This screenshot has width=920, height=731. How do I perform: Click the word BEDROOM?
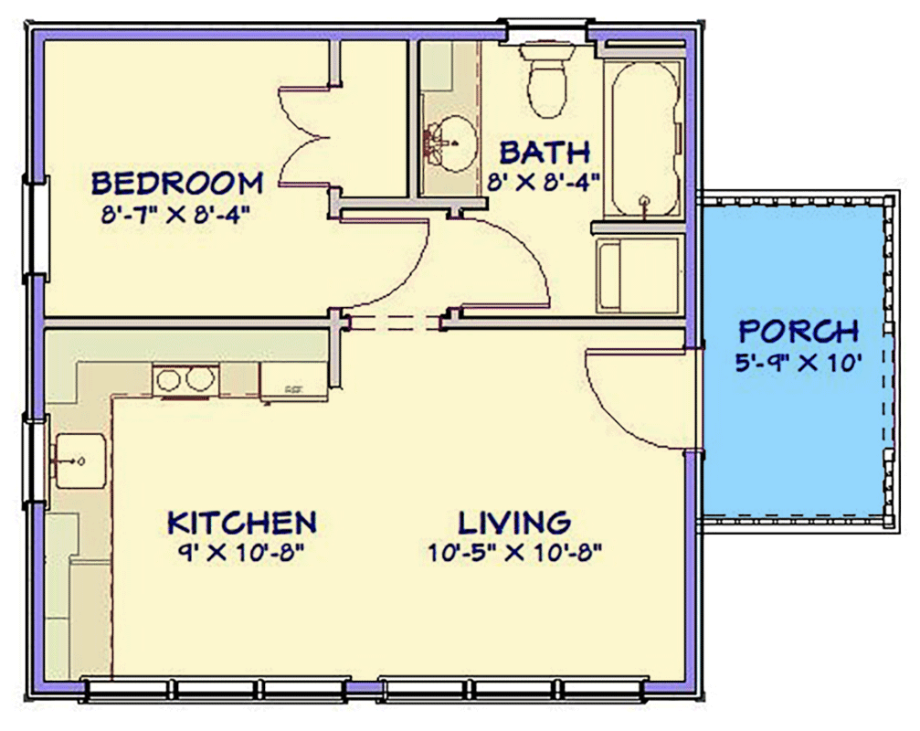coord(177,183)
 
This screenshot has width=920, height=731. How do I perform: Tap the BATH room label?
coord(545,151)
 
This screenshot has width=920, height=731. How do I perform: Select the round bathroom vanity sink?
coord(450,145)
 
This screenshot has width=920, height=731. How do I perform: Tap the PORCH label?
coord(798,331)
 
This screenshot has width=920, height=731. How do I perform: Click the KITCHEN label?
coord(242,523)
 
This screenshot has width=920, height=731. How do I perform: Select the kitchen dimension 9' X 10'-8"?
coord(242,553)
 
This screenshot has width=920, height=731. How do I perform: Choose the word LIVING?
coord(514,523)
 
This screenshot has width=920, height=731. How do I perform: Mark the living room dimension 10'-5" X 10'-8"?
coord(514,553)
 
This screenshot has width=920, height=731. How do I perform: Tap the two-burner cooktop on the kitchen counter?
coord(185,379)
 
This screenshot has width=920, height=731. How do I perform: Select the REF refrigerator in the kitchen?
coord(293,381)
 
